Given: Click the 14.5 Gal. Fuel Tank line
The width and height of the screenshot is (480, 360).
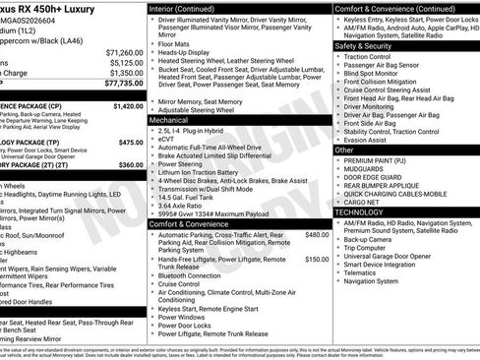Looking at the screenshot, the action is [188, 197].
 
